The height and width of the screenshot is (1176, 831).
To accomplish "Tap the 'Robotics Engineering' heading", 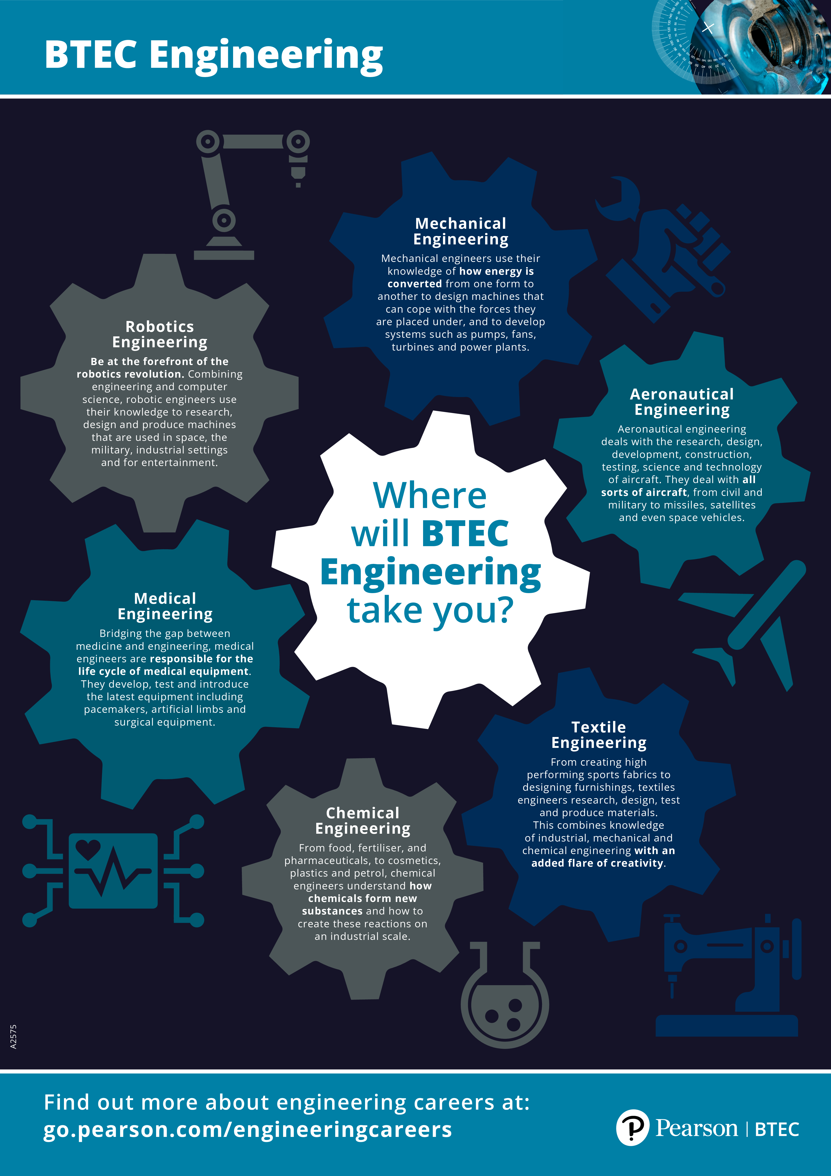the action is pyautogui.click(x=160, y=334).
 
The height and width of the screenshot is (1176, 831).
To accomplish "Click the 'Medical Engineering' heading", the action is pyautogui.click(x=165, y=606).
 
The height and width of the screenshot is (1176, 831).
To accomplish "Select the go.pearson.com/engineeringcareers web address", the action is pyautogui.click(x=248, y=1129).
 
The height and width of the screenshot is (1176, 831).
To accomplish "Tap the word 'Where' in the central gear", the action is pyautogui.click(x=430, y=496).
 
